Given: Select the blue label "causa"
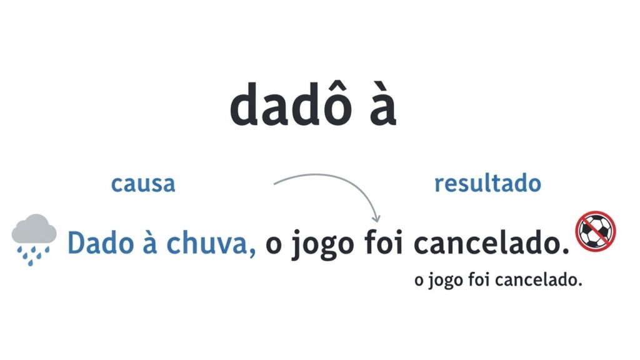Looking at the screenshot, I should [142, 184].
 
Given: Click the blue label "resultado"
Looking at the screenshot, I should [487, 184].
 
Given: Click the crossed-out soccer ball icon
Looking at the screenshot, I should [596, 231].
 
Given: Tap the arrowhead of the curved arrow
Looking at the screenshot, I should [376, 218].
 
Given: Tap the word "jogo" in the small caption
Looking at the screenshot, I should [445, 282].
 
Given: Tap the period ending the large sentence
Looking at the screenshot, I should [566, 251].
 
